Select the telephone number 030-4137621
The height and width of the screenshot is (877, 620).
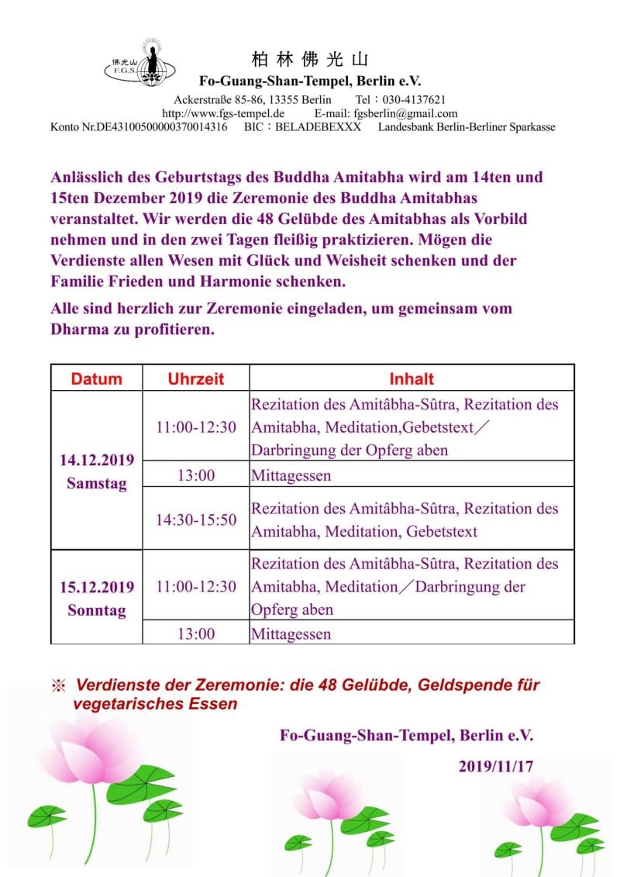[412, 100]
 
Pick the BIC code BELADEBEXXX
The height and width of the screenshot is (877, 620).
[324, 126]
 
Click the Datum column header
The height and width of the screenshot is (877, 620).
[97, 378]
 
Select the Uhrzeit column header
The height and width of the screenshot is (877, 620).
[196, 378]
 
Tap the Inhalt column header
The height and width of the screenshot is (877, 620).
[411, 378]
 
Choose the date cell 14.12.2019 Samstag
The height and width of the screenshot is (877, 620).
[97, 471]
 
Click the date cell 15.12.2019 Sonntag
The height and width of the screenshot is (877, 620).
[97, 598]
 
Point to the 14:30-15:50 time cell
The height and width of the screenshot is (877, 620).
[196, 520]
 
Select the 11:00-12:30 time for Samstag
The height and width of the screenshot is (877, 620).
[196, 427]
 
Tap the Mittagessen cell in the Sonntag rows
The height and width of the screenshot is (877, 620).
[291, 634]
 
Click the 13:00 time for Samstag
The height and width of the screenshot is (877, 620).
[196, 475]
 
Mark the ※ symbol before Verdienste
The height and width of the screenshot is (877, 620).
[58, 686]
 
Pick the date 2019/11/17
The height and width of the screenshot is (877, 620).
[495, 766]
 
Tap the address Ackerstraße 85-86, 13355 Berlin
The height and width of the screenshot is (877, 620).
[253, 100]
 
